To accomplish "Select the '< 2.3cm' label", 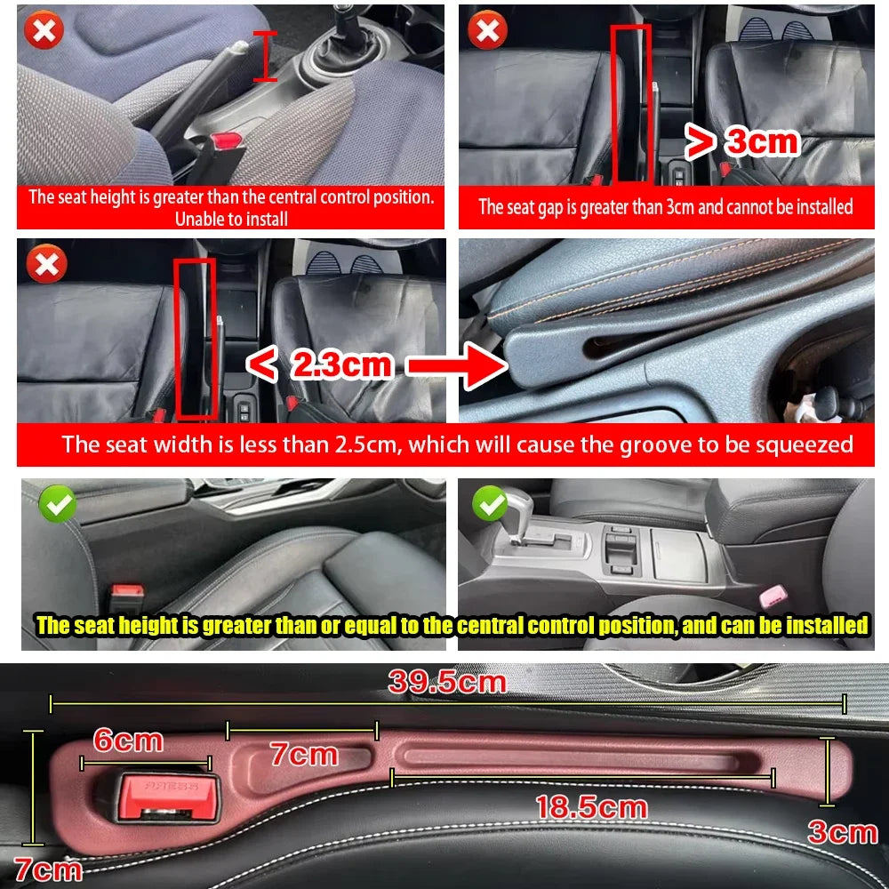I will [319, 364].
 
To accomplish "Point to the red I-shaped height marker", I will [264, 56].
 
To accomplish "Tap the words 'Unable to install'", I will [231, 218].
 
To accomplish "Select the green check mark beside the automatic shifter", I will [489, 504].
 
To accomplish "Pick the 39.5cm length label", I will [447, 683].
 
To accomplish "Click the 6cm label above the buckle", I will [129, 740].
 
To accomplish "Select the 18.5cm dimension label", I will [590, 806].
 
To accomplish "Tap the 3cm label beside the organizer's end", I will [841, 832].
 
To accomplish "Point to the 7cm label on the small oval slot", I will [304, 755].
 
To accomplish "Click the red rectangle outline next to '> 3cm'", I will [631, 102].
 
